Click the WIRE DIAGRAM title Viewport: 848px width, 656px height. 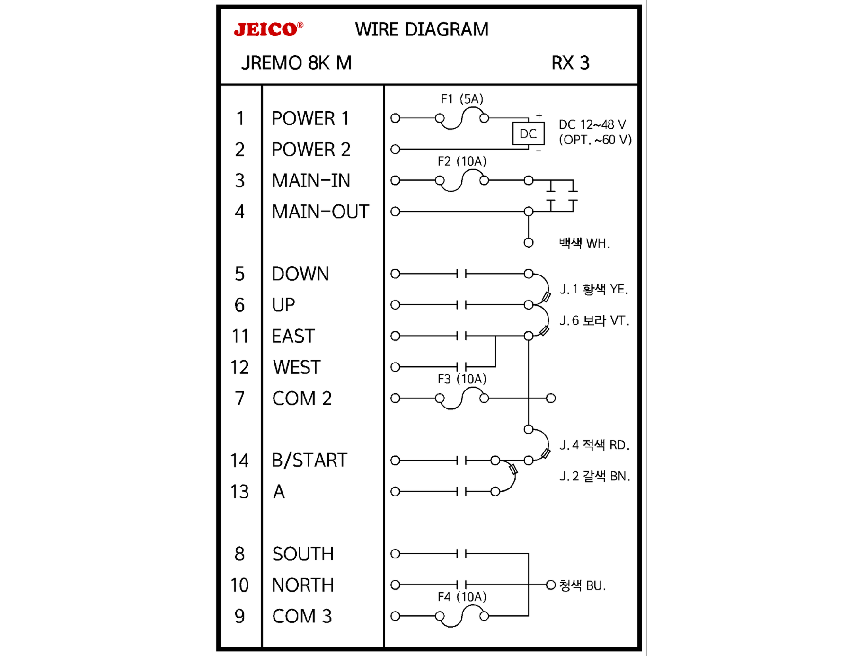tap(422, 29)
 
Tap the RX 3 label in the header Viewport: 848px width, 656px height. tap(570, 63)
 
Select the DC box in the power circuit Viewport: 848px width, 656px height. tap(528, 134)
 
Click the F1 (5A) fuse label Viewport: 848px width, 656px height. tap(462, 99)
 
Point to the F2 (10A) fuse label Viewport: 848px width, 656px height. tap(462, 161)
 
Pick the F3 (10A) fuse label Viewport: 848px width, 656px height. tap(462, 379)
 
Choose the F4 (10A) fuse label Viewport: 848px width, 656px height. tap(462, 597)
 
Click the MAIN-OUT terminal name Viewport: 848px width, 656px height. tap(320, 212)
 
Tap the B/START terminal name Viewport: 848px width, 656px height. tap(309, 460)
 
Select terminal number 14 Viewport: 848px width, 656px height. tap(239, 461)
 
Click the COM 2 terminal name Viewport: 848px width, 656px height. tap(302, 399)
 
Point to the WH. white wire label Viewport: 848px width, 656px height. tap(584, 243)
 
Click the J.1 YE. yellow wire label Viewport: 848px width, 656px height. tap(594, 289)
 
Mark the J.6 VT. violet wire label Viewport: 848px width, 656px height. tap(594, 320)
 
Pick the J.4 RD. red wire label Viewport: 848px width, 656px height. tap(594, 445)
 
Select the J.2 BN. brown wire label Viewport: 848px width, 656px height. tap(595, 476)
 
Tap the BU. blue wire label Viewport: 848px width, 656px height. tap(583, 585)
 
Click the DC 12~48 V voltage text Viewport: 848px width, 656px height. tap(592, 124)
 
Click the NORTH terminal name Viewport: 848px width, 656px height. tap(303, 585)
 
